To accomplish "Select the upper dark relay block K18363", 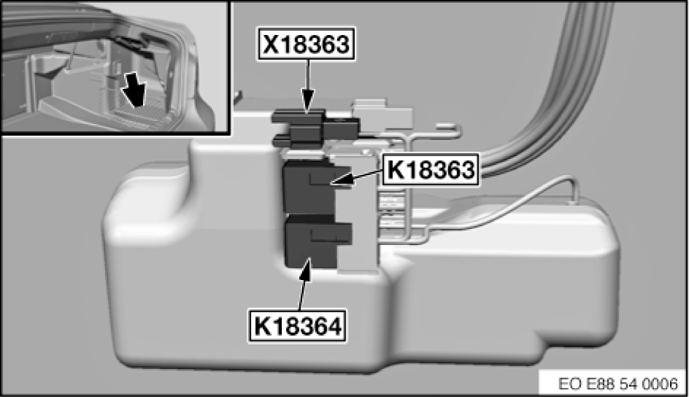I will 308,186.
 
